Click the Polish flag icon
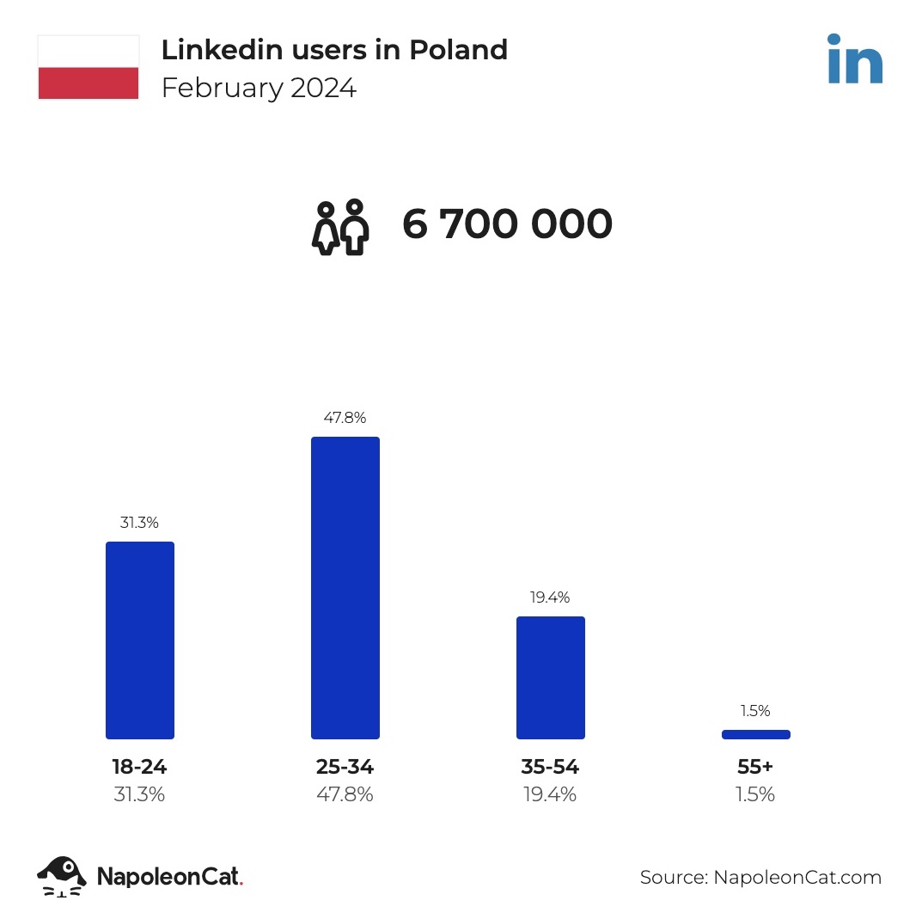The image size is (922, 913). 89,67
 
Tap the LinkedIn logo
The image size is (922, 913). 854,59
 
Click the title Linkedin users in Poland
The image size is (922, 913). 334,50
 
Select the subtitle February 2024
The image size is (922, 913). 259,89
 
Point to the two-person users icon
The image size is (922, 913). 340,228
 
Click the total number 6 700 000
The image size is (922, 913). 507,224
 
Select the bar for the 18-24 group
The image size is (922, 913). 140,640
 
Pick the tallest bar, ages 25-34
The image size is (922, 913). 345,587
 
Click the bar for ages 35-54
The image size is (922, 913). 551,677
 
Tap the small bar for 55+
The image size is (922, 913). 756,734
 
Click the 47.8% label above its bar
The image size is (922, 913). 345,418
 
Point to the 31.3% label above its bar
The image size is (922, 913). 139,523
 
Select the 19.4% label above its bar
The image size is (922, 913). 550,597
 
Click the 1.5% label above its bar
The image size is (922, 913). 755,711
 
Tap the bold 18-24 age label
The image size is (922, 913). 139,767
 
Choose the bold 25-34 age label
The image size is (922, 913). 345,767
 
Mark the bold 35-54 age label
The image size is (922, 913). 550,767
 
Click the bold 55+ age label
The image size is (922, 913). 756,767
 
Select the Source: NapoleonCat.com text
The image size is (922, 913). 760,877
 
